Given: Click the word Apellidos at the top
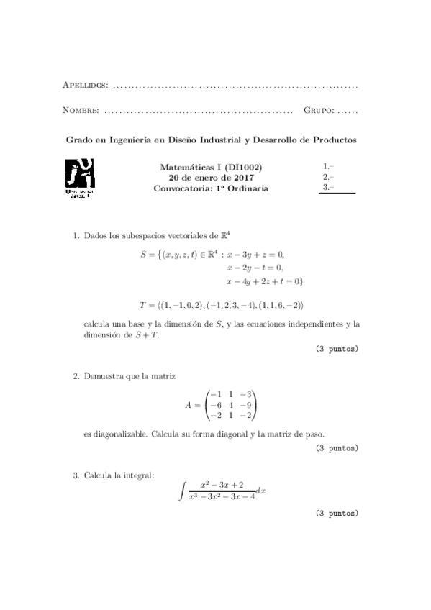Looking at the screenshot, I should pos(86,86).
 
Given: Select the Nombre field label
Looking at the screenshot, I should pos(81,111).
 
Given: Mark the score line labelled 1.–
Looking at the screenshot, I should pos(327,165).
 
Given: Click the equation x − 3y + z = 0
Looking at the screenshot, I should pos(255,255).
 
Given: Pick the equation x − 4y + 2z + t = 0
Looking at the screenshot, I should pos(264,281).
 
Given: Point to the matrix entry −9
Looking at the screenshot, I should pos(246,405).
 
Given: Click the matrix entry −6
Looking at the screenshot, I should pos(213,405).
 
